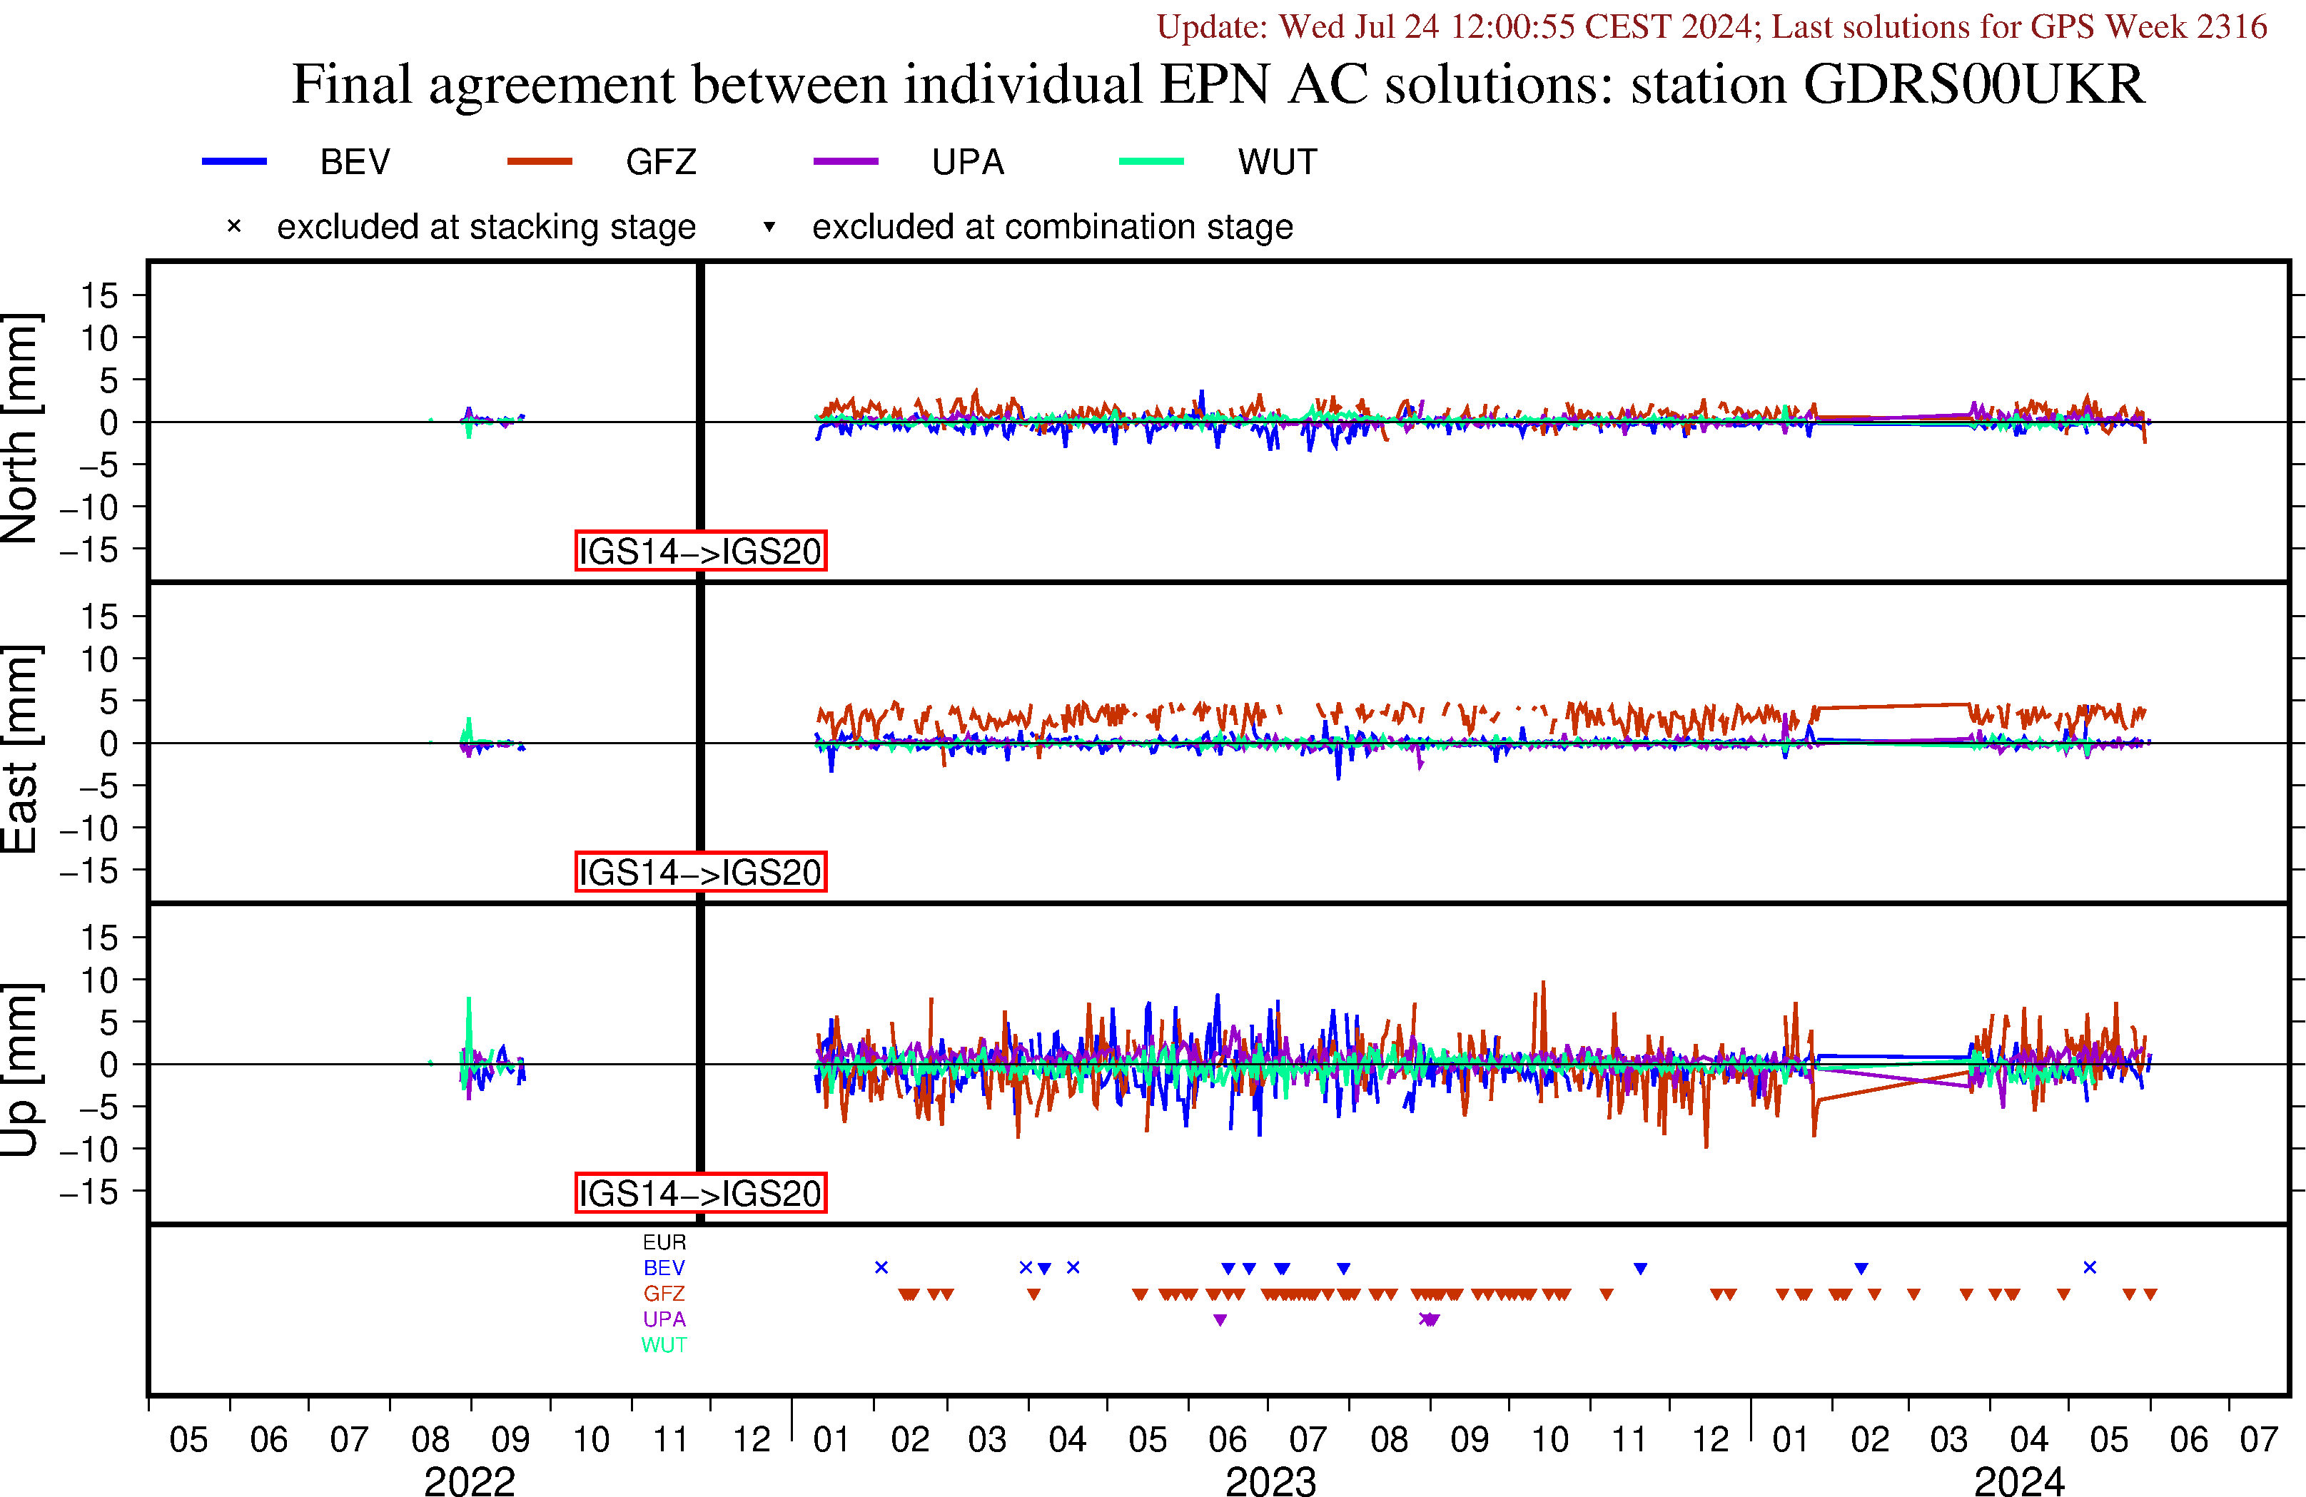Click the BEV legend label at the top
355,162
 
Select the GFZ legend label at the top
661,162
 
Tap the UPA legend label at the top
967,162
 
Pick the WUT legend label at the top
1277,162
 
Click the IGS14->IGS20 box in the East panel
701,872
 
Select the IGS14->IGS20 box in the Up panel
701,1193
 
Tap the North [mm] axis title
21,427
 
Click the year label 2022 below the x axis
469,1481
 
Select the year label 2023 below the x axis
1270,1481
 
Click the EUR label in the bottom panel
664,1242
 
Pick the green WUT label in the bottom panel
664,1345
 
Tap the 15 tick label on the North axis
98,295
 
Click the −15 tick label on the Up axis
89,1192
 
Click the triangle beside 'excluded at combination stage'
769,227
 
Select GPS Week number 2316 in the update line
2232,26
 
